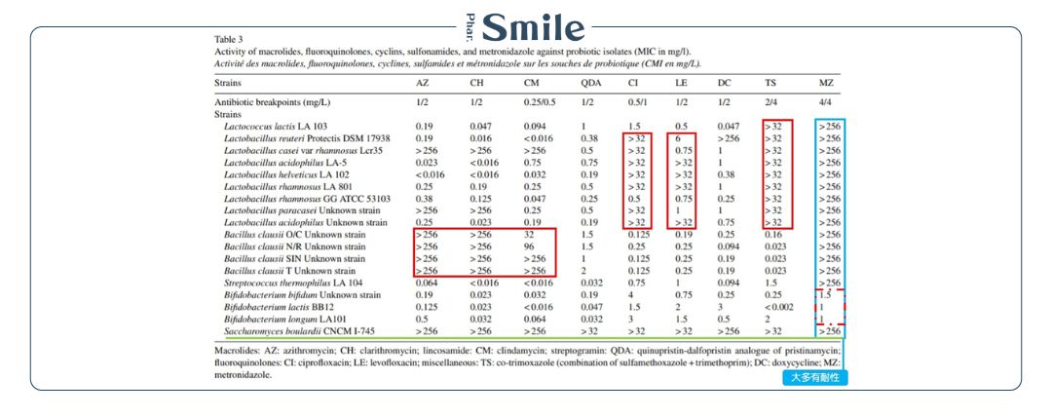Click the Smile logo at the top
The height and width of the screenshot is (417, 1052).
(x=526, y=26)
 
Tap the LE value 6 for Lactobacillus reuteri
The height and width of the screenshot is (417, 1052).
(x=678, y=139)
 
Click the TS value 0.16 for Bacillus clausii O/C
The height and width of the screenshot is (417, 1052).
(x=774, y=234)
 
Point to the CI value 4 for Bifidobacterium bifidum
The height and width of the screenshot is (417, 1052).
(x=631, y=293)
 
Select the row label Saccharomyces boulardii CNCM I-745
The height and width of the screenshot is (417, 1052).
(x=293, y=329)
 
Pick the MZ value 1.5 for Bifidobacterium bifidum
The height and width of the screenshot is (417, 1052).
(x=824, y=293)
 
